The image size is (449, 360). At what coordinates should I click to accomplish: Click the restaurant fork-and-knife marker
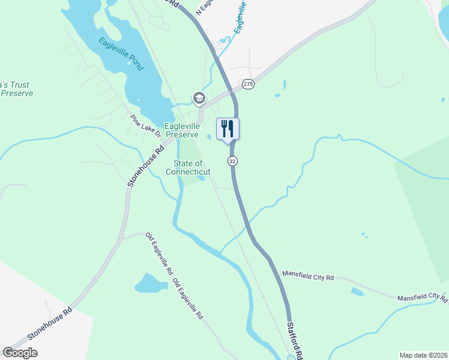point(228,128)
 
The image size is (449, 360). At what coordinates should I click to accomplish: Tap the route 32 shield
point(232,161)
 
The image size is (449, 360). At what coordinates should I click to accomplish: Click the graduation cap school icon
point(198,98)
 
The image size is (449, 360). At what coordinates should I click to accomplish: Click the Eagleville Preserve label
point(181,130)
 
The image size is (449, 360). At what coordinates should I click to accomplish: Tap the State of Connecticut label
point(188,167)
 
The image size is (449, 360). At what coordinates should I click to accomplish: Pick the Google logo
point(20,353)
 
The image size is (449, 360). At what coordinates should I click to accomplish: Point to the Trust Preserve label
point(16,89)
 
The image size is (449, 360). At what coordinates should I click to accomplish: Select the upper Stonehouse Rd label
point(145,167)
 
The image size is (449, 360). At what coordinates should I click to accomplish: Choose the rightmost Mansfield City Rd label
point(422,297)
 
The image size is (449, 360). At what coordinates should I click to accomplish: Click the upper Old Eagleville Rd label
point(159,254)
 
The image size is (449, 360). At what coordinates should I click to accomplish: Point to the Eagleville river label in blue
point(241,17)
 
